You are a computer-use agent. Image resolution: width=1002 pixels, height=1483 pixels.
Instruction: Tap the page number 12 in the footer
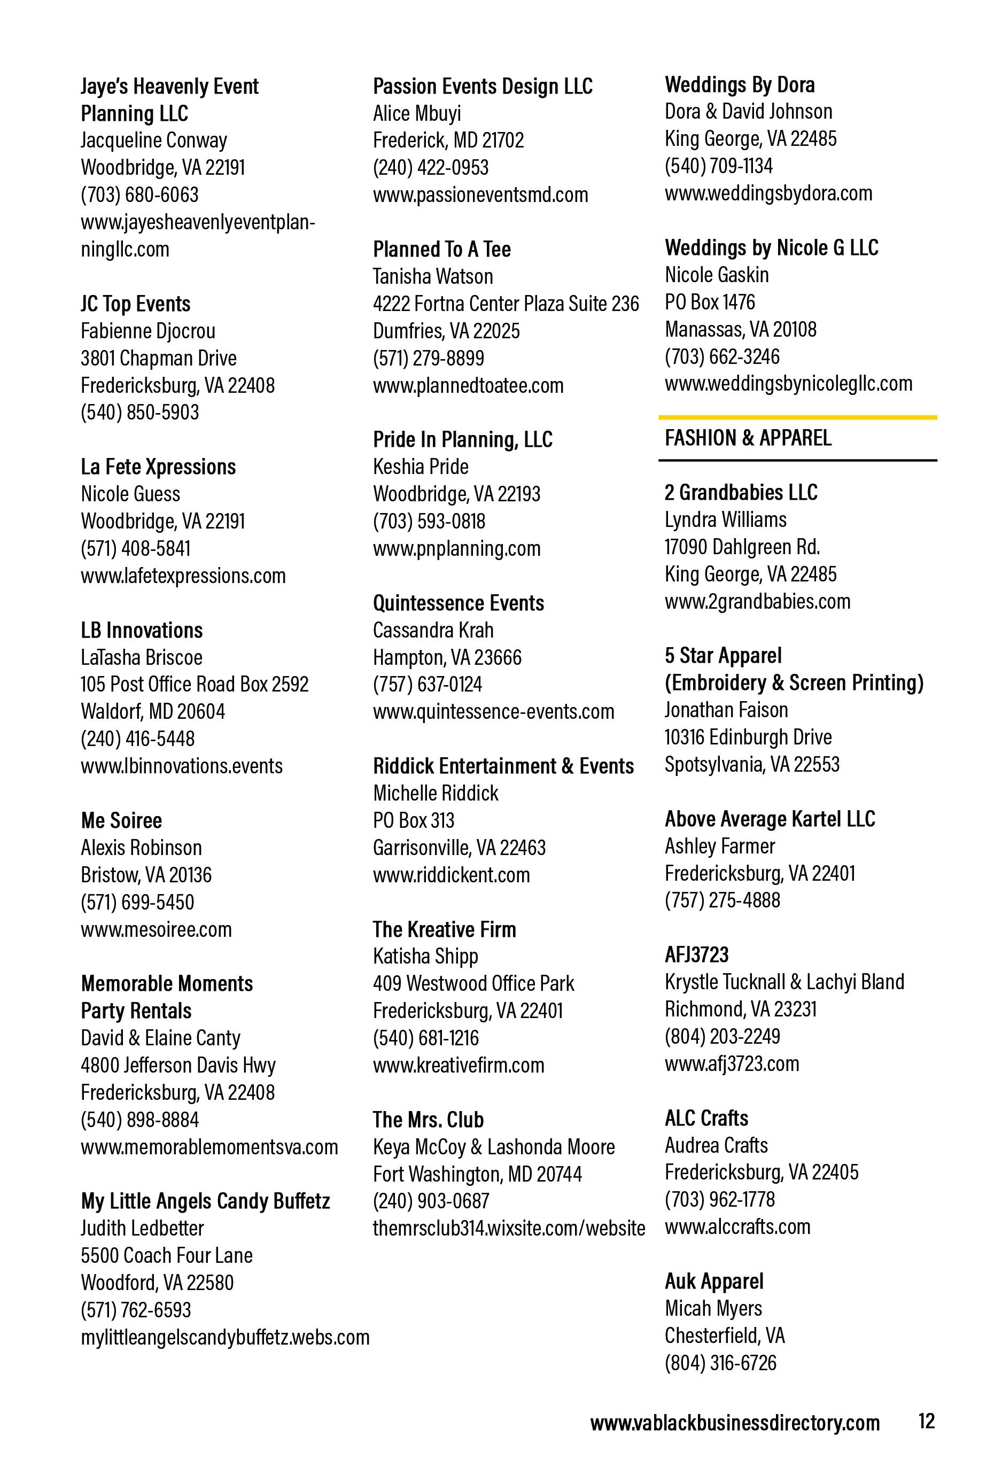pyautogui.click(x=926, y=1420)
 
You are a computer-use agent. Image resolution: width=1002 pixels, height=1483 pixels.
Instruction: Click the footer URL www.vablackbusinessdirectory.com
pyautogui.click(x=735, y=1423)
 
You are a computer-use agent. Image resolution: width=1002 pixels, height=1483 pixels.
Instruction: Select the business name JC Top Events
pyautogui.click(x=135, y=304)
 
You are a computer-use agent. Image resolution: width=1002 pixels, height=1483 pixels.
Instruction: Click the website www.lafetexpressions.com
pyautogui.click(x=183, y=576)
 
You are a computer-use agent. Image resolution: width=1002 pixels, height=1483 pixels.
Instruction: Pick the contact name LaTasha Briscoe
pyautogui.click(x=141, y=657)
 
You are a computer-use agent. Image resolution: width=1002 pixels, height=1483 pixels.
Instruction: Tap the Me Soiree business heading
pyautogui.click(x=121, y=821)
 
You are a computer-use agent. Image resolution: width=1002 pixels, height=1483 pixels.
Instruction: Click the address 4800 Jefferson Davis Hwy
pyautogui.click(x=177, y=1065)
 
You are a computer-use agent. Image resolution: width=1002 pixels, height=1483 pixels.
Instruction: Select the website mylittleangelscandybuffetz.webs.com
pyautogui.click(x=224, y=1337)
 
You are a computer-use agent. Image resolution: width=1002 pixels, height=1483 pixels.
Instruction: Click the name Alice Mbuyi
pyautogui.click(x=417, y=114)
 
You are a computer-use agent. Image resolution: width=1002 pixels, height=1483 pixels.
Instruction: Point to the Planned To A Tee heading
pyautogui.click(x=441, y=250)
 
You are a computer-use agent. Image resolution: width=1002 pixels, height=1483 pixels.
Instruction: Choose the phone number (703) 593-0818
pyautogui.click(x=429, y=522)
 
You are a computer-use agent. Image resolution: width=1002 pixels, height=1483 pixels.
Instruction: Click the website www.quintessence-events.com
pyautogui.click(x=493, y=711)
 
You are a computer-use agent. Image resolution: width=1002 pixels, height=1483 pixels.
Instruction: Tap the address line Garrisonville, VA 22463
pyautogui.click(x=459, y=848)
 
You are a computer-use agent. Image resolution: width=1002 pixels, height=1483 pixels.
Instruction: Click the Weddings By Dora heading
pyautogui.click(x=739, y=85)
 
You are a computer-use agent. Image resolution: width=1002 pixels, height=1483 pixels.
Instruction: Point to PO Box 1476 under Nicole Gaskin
pyautogui.click(x=709, y=302)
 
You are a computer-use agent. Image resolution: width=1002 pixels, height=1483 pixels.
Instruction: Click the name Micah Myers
pyautogui.click(x=713, y=1309)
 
